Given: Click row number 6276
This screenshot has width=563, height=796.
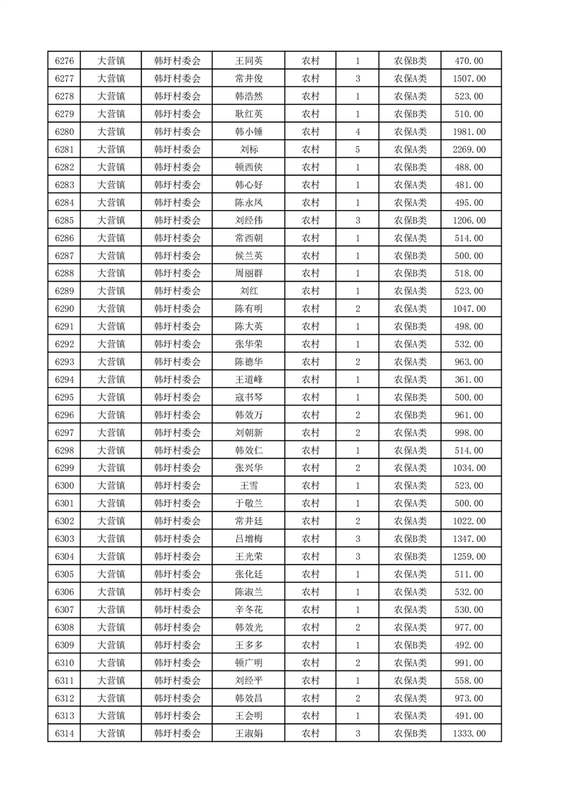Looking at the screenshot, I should point(65,61).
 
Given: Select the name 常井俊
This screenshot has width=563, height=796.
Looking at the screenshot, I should point(248,79).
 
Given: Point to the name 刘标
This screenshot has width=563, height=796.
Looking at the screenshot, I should point(248,150).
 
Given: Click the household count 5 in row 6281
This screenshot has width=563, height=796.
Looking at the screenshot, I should point(357,150).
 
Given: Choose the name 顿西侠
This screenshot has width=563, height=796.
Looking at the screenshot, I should point(248,167).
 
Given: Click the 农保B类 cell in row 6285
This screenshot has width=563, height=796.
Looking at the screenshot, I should point(410,221).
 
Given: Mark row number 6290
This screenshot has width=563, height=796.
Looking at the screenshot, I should point(65,309).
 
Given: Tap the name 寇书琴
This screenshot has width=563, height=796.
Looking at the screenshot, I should point(248,397).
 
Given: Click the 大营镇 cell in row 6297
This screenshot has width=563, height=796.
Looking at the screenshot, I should point(111,433).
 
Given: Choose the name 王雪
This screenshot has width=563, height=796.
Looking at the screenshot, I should point(248,486).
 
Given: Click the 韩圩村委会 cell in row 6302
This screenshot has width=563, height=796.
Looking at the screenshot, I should point(177,521).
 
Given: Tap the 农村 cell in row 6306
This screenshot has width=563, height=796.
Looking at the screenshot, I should point(310,592).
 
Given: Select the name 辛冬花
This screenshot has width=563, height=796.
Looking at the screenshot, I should point(248,609).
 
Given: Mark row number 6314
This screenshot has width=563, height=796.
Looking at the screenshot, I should point(65,733).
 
